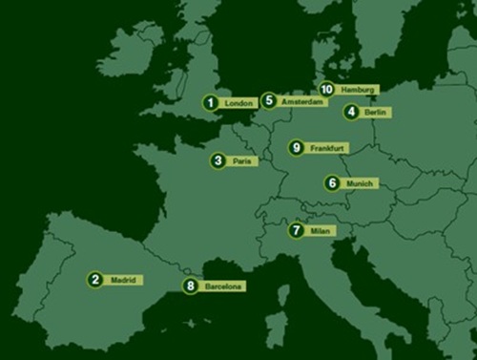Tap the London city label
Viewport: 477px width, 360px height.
pyautogui.click(x=236, y=103)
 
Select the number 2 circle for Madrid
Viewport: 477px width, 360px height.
pyautogui.click(x=94, y=280)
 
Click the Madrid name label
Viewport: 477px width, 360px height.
pyautogui.click(x=123, y=280)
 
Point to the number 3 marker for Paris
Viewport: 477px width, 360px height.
pyautogui.click(x=219, y=161)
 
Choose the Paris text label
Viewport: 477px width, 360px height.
pyautogui.click(x=243, y=161)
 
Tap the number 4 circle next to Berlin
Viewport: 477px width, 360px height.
pyautogui.click(x=352, y=112)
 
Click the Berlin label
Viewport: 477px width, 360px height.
pyautogui.click(x=376, y=112)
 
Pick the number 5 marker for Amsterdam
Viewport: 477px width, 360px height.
pyautogui.click(x=269, y=100)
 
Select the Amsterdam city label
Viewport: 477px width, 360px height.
pyautogui.click(x=300, y=101)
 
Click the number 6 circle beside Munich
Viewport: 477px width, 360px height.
pyautogui.click(x=332, y=182)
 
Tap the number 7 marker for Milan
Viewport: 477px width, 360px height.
pyautogui.click(x=297, y=230)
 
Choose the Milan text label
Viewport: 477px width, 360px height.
pyautogui.click(x=321, y=231)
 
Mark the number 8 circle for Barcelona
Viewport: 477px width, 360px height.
pyautogui.click(x=191, y=285)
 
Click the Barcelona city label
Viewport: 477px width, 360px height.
pyautogui.click(x=223, y=286)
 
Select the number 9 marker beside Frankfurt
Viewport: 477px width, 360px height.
pyautogui.click(x=297, y=148)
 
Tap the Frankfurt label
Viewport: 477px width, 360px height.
pyautogui.click(x=327, y=148)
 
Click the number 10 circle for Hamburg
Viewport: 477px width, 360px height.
pyautogui.click(x=326, y=89)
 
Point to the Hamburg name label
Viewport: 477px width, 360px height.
pyautogui.click(x=357, y=89)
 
